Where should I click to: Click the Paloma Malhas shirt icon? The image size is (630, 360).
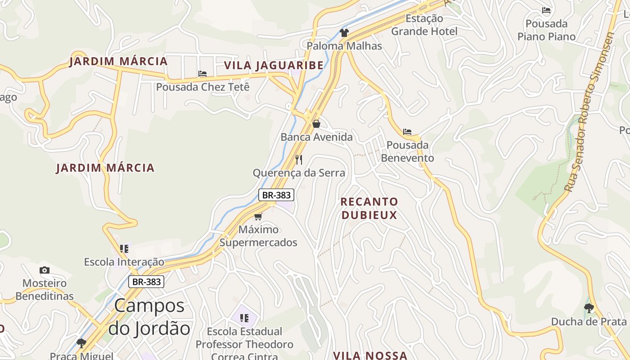tap(344, 32)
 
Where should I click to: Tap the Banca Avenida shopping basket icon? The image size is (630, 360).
tap(316, 123)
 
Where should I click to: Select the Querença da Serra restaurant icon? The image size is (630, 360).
tap(299, 159)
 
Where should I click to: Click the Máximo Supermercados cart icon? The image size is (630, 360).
tap(258, 216)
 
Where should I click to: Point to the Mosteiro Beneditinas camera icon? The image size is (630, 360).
tap(44, 270)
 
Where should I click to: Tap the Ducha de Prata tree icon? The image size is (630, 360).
tap(589, 308)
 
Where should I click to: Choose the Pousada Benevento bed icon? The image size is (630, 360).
tap(407, 132)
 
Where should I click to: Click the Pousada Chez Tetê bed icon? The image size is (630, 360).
tap(202, 74)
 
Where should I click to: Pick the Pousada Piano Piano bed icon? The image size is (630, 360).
tap(546, 10)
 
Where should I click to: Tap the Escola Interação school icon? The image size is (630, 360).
tap(124, 248)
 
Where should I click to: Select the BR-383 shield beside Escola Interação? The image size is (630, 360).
tap(146, 282)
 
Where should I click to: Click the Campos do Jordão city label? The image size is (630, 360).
tap(149, 317)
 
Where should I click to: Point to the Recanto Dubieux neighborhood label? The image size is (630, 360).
tap(369, 208)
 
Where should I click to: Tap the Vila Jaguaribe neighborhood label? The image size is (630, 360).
tap(274, 65)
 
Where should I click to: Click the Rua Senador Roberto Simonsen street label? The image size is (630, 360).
tap(589, 112)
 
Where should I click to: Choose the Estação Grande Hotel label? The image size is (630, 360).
tap(424, 25)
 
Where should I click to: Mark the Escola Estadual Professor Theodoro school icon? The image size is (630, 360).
tap(244, 318)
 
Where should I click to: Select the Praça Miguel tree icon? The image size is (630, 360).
tap(81, 343)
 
